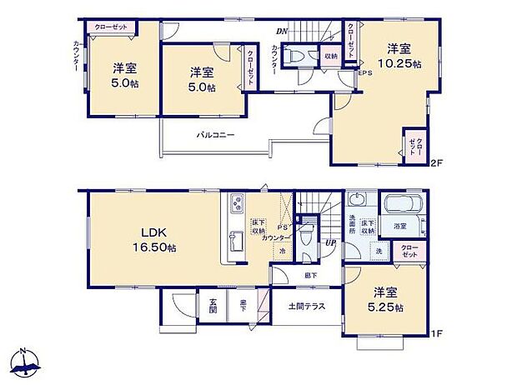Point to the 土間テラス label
[x=306, y=306]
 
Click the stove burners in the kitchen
[x=237, y=204]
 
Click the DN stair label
[x=282, y=32]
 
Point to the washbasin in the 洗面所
[x=357, y=199]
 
